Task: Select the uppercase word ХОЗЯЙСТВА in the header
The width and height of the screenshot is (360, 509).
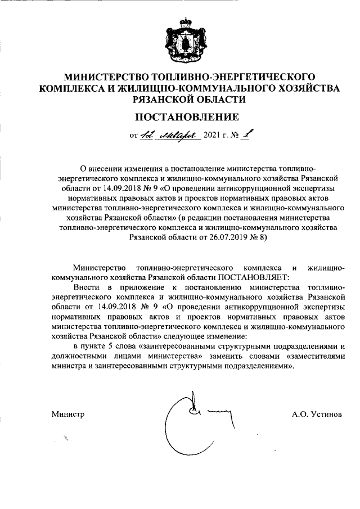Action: click(x=309, y=88)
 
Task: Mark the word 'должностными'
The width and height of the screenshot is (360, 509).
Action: click(x=78, y=356)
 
